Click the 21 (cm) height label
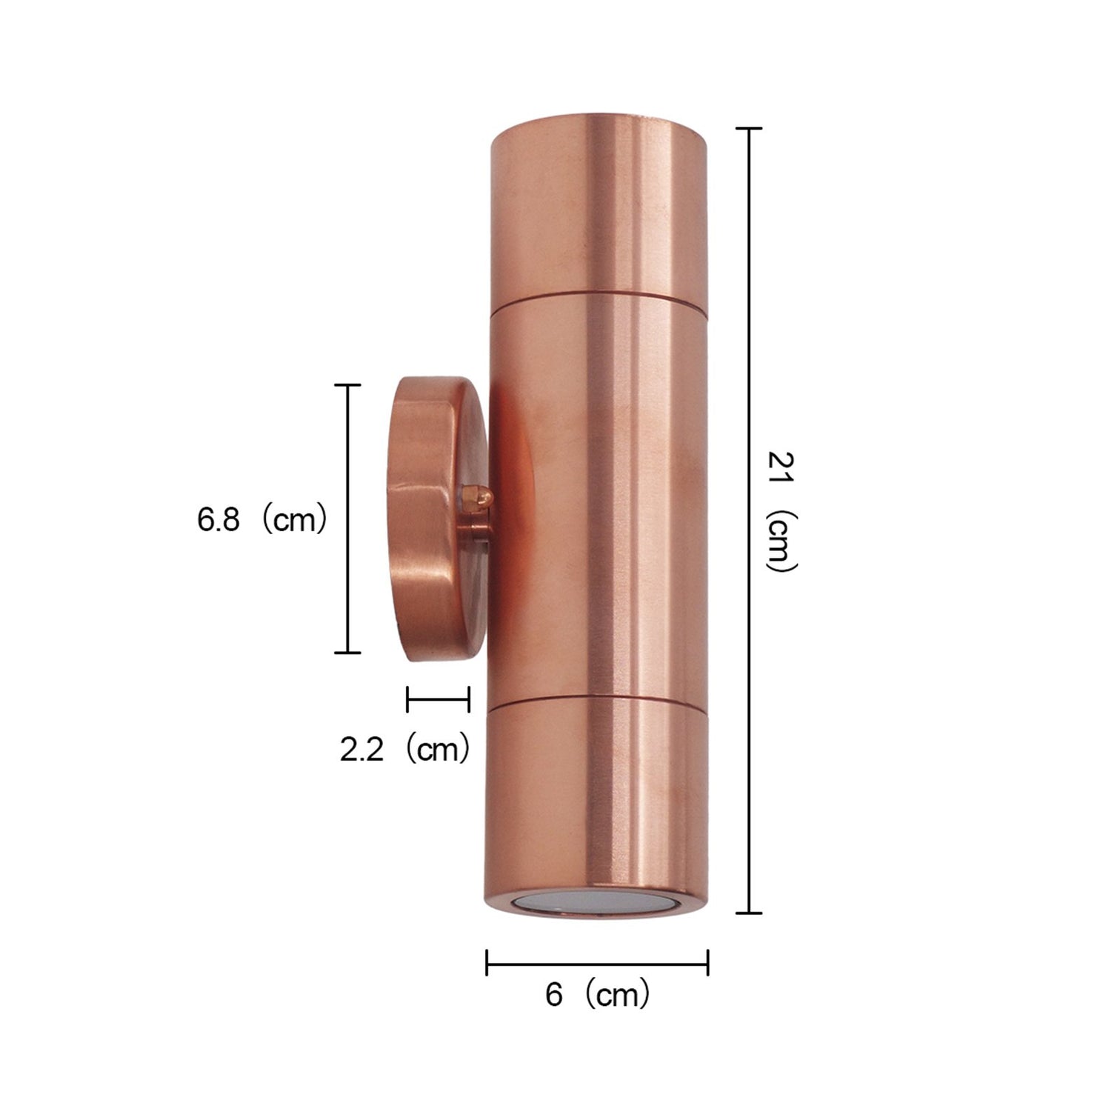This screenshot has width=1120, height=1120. click(x=781, y=511)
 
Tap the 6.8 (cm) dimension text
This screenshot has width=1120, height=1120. click(x=261, y=520)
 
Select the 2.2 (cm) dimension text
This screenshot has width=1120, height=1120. click(x=404, y=750)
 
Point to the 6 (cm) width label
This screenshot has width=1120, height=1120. click(x=597, y=995)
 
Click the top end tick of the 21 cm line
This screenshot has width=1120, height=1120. click(x=750, y=129)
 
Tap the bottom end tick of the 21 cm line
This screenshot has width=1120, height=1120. click(x=750, y=913)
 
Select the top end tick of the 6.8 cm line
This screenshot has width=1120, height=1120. click(x=348, y=386)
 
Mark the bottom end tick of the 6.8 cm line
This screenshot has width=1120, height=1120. click(x=348, y=653)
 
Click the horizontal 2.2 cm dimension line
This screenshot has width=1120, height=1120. click(x=438, y=699)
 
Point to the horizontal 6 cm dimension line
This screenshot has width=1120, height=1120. click(x=597, y=963)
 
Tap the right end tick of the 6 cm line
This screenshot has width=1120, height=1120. click(x=708, y=963)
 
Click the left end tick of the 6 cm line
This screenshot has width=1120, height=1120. click(x=487, y=963)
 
